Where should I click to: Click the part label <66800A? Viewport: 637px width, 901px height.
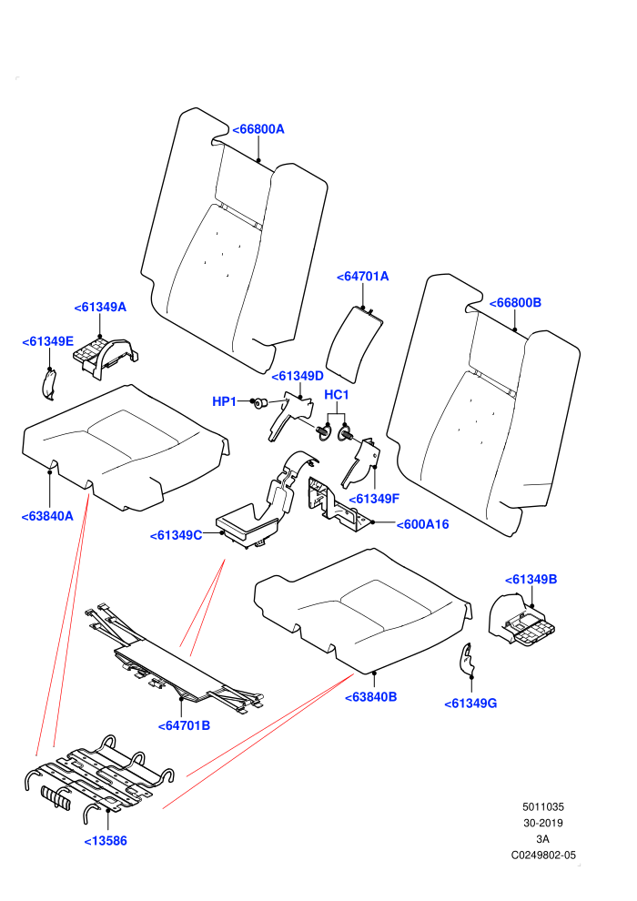(258, 129)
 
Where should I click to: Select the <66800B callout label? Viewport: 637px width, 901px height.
(515, 303)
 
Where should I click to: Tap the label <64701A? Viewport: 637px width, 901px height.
(363, 277)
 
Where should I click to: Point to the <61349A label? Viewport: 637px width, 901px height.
(100, 308)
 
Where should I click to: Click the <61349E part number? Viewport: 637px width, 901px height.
(47, 342)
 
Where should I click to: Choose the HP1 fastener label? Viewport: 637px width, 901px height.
(225, 401)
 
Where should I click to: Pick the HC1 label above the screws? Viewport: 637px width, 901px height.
(337, 395)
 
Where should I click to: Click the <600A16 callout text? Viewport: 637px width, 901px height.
(423, 524)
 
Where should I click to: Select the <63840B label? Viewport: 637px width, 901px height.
(371, 697)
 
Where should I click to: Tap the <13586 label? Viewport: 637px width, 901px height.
(106, 841)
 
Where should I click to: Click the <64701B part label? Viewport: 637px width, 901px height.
(185, 725)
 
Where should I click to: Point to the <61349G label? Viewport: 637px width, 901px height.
(471, 704)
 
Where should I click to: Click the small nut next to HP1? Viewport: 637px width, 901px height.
(259, 403)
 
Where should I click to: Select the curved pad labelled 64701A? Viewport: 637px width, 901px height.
(353, 344)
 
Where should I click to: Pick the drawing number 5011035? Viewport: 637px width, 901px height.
(543, 806)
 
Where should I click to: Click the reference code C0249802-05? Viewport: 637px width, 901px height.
(543, 855)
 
